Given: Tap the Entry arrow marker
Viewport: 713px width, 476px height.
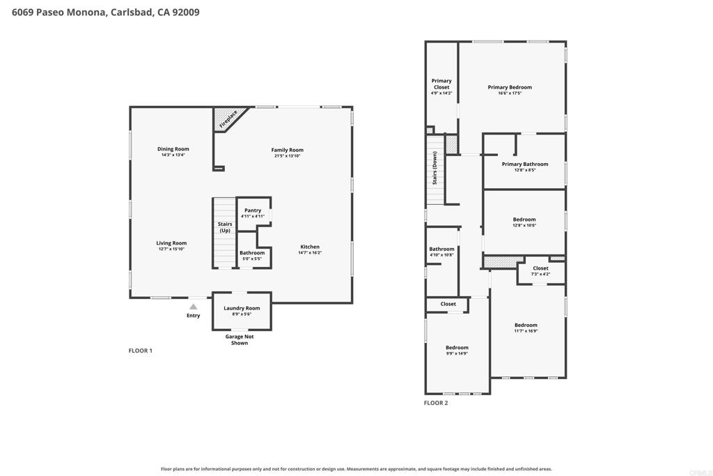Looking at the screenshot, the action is [x=194, y=307].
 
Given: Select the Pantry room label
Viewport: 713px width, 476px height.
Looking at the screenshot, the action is [x=253, y=210].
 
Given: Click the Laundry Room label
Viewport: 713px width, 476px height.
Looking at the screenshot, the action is [x=242, y=308].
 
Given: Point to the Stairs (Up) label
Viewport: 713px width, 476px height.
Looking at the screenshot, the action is [x=225, y=227].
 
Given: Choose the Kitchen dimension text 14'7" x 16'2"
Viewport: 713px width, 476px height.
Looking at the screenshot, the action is [x=310, y=252].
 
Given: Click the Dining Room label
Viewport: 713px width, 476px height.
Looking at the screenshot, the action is [x=173, y=149].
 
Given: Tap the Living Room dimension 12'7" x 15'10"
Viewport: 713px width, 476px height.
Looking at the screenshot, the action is [x=171, y=249].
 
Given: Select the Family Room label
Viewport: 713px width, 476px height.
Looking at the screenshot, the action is [x=288, y=150].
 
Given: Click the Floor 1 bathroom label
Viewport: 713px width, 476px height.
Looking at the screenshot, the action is [x=252, y=253].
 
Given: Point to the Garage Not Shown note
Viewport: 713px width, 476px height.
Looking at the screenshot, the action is [x=240, y=340].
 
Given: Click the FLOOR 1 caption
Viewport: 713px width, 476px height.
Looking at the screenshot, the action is [x=141, y=351].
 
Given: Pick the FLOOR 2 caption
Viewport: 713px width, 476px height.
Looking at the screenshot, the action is [x=436, y=403].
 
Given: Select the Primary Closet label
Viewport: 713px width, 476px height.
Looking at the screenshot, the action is [x=441, y=84].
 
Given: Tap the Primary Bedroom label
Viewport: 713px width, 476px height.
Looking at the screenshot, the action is [x=510, y=87].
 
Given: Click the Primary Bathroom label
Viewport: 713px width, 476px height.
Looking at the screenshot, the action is [x=525, y=164].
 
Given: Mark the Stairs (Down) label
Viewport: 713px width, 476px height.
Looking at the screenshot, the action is [x=434, y=168].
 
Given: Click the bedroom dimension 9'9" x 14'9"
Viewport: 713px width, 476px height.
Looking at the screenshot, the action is [x=457, y=353].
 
